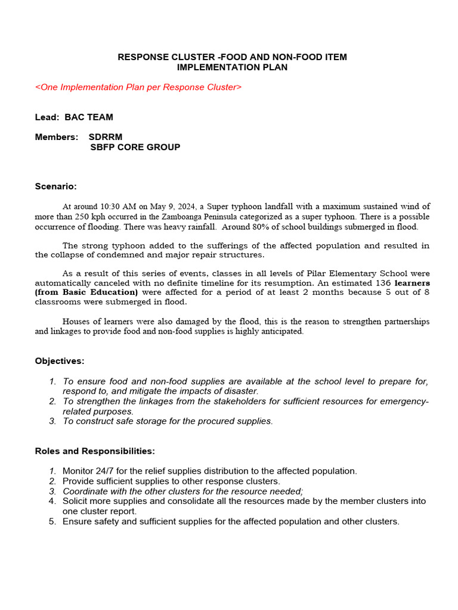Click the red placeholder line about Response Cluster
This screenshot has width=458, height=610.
138,87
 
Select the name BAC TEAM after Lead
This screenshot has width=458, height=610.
89,117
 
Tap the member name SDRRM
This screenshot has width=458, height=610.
106,137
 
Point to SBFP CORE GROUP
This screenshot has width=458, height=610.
135,147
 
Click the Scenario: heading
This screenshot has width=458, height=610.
56,186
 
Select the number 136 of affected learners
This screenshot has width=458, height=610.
383,282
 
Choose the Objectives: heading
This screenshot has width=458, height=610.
60,361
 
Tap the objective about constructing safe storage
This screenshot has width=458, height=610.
168,421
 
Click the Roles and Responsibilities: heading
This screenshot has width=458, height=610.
95,451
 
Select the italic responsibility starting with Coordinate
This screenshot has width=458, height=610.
182,491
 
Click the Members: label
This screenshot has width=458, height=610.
57,137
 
